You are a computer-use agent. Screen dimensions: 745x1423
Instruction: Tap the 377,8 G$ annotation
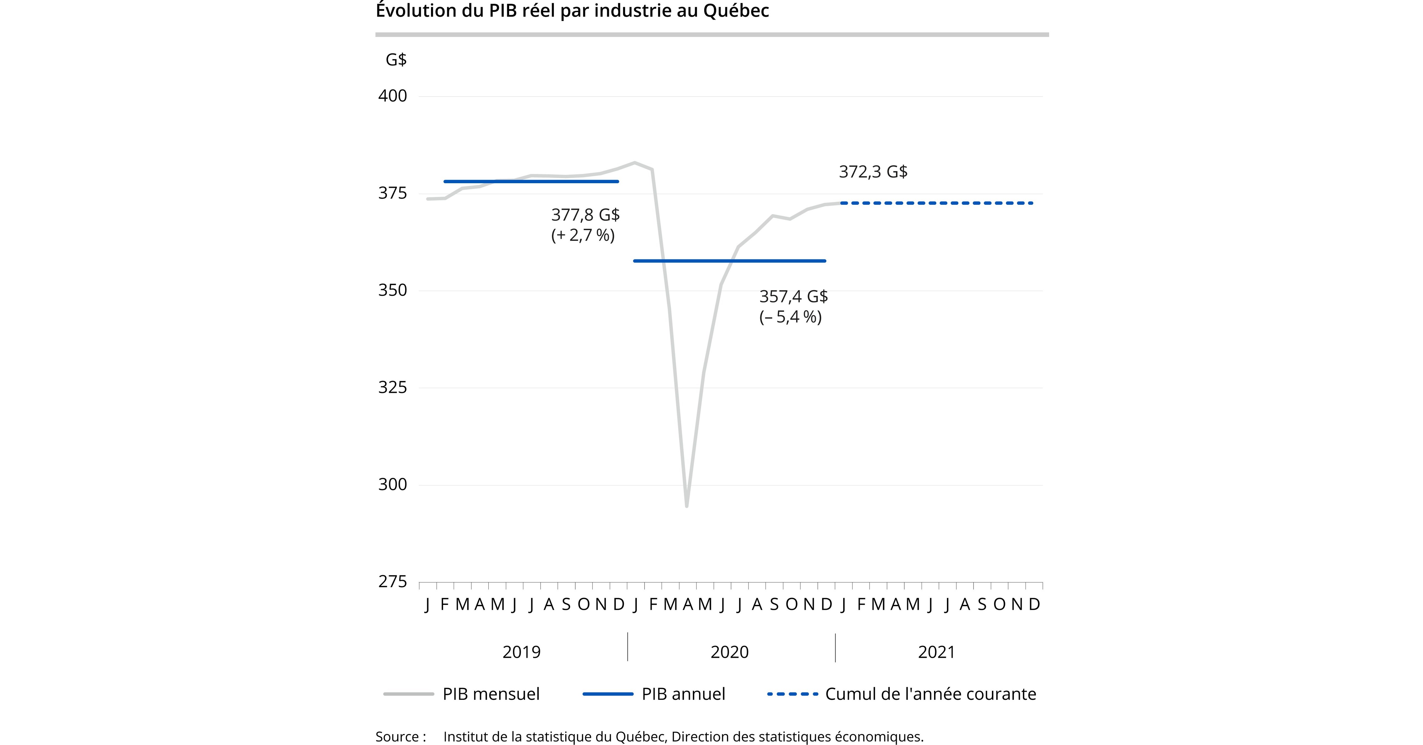pos(585,215)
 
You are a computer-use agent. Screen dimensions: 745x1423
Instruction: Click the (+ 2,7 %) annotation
pos(583,235)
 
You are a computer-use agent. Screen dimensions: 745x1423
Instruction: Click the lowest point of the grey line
pos(687,505)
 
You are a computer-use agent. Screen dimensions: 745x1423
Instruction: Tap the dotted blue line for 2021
pos(936,203)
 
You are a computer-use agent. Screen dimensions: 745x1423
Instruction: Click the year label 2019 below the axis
pos(522,652)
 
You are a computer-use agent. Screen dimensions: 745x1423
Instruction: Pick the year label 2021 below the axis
pos(936,652)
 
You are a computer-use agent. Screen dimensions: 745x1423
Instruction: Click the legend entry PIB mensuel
pos(491,694)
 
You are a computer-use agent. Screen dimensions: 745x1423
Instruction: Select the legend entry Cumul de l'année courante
pos(930,694)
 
